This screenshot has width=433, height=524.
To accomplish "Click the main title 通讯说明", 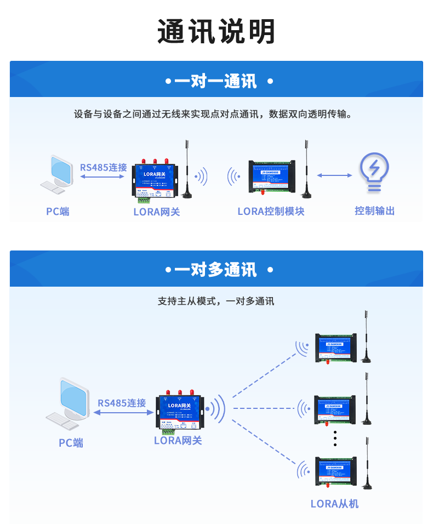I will pos(216,31).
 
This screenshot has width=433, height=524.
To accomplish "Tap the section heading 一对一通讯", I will pos(216,82).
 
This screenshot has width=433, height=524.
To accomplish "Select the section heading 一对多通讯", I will pos(216,270).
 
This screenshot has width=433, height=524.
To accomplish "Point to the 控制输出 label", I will pos(374,211).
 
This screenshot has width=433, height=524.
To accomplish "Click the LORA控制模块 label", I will pos(271,212).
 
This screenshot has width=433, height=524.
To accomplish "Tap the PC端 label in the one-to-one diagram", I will pos(58,212).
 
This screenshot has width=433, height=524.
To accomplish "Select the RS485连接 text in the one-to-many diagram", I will pos(122,403).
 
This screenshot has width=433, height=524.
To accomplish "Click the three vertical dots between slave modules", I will pos(335,439).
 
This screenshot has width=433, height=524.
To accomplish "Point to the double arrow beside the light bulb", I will pos(334,175).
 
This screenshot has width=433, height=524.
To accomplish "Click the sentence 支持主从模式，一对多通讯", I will pos(216,301).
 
